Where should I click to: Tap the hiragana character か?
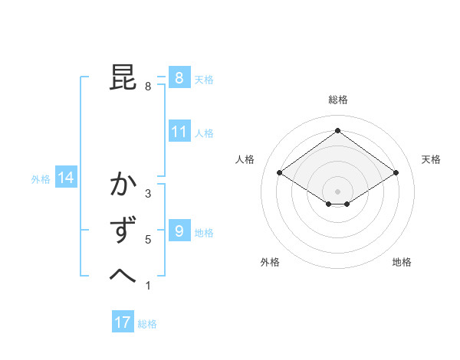tap(123, 185)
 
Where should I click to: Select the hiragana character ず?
tap(123, 231)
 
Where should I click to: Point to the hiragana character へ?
tap(123, 275)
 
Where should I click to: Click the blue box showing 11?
tap(179, 132)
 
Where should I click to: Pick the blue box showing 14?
tap(66, 178)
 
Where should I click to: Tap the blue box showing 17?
tap(122, 322)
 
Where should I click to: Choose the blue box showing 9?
tap(179, 231)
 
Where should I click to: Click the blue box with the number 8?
tap(179, 77)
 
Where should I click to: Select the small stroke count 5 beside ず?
tap(148, 240)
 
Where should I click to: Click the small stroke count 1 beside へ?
tap(148, 286)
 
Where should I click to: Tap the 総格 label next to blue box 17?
tap(147, 324)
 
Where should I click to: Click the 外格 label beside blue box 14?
tap(41, 179)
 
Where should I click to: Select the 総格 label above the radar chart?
tap(337, 100)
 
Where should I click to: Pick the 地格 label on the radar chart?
tap(402, 262)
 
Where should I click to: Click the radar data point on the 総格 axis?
tap(337, 131)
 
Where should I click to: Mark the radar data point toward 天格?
tap(396, 173)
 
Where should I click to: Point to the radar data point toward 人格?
tap(280, 173)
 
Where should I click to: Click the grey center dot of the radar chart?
tap(337, 191)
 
